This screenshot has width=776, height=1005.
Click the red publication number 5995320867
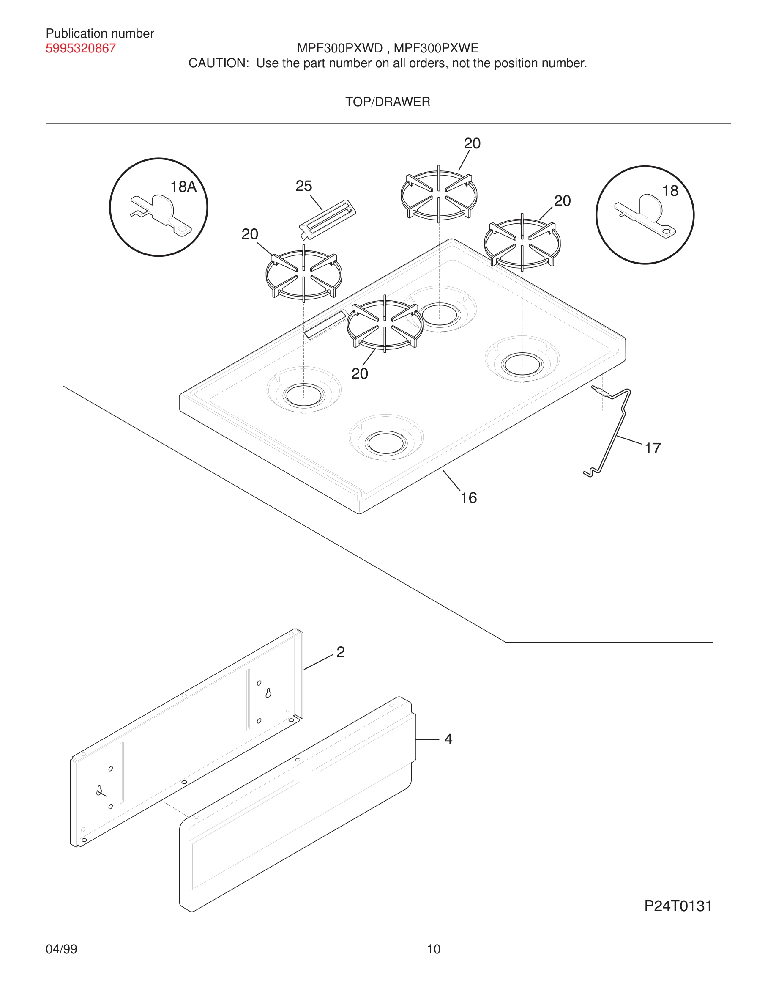tap(80, 48)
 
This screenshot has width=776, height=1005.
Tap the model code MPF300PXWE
tap(436, 48)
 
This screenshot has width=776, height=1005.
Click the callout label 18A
tap(183, 187)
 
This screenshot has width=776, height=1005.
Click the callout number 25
tap(303, 186)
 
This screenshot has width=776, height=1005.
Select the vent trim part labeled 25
tap(327, 219)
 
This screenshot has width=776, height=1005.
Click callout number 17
tap(652, 448)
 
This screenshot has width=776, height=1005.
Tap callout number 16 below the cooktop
tap(468, 497)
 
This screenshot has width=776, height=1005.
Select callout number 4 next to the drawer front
tap(448, 739)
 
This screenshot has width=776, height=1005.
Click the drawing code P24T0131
tap(678, 906)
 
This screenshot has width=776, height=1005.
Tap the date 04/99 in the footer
tap(61, 949)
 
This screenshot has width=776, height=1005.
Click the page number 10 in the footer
tap(434, 949)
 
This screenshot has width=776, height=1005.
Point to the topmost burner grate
tap(439, 194)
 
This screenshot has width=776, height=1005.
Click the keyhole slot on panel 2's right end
tap(268, 693)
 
